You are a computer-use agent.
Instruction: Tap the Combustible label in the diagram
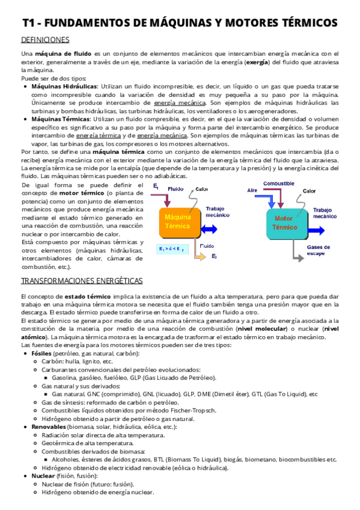(x=279, y=183)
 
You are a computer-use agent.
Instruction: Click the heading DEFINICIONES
(x=45, y=40)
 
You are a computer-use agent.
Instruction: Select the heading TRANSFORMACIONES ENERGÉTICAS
(x=82, y=281)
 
